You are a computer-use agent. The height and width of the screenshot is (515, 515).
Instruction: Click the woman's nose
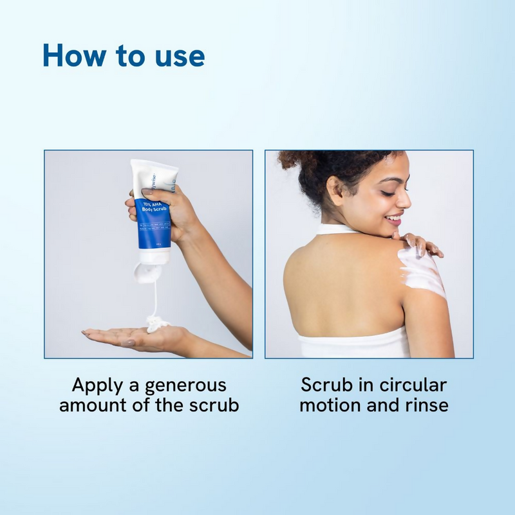404,200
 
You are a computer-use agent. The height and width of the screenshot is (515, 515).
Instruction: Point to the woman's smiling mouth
393,220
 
